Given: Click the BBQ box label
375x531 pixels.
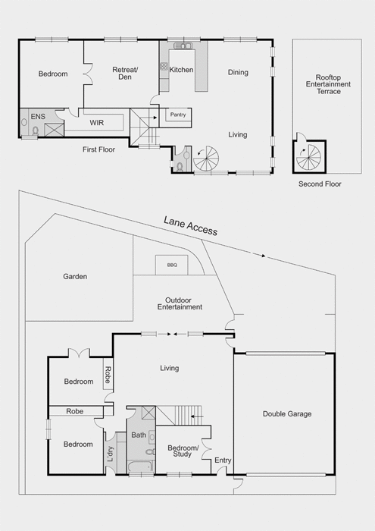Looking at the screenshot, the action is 172,265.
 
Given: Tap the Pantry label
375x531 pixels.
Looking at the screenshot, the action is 178,115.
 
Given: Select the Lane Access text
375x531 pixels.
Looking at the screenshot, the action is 190,225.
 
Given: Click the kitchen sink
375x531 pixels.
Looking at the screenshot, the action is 183,46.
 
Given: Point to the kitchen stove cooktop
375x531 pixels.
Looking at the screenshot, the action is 164,66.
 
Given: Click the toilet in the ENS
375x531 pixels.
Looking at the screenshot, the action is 36,130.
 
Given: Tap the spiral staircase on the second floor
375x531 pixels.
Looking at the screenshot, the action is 308,157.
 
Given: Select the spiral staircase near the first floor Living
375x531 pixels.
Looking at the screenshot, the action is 206,158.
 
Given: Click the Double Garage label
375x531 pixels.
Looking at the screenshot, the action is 287,414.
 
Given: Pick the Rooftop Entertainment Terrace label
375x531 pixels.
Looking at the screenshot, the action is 328,84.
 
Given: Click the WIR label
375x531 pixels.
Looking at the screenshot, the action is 97,123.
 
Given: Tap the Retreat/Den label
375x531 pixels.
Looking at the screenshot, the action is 125,73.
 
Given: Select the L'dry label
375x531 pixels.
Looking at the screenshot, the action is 111,454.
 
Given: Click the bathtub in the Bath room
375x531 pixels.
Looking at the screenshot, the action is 140,467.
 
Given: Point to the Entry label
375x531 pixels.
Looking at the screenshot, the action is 223,460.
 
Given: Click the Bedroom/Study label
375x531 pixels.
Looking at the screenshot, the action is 183,451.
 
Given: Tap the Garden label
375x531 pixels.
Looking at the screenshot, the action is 75,276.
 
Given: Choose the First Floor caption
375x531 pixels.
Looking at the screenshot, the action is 98,149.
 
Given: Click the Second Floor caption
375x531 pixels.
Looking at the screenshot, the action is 320,184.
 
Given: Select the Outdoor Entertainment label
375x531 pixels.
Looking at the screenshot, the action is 180,303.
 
